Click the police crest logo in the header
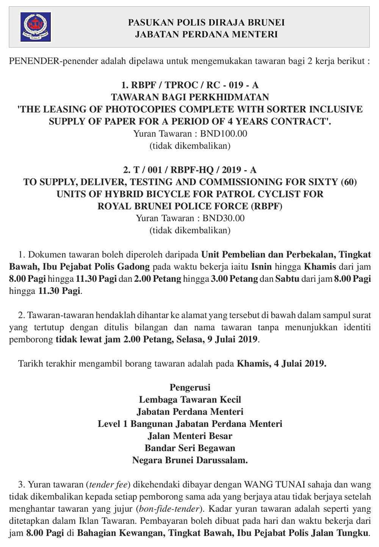(x=36, y=27)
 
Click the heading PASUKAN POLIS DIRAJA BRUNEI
(x=206, y=22)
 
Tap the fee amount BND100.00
(x=224, y=133)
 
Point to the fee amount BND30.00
(x=224, y=218)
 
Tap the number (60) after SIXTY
(x=349, y=182)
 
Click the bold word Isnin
(x=262, y=266)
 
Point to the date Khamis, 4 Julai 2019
(x=282, y=364)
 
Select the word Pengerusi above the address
(x=190, y=387)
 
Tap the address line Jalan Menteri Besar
(x=190, y=436)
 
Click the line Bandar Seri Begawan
(x=190, y=448)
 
